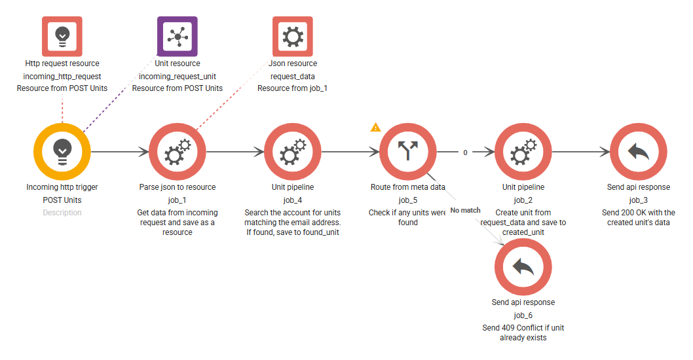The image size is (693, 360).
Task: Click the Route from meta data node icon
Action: (408, 151)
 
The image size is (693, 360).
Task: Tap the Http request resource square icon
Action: (62, 36)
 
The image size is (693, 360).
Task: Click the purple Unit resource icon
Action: (178, 36)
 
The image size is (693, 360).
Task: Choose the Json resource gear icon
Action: (293, 36)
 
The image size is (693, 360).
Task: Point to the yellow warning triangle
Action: (375, 127)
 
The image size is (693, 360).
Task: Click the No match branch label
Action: (466, 210)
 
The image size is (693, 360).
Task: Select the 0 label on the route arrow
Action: (465, 153)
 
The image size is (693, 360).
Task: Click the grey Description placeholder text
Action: (62, 213)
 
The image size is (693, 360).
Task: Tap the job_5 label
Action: (408, 200)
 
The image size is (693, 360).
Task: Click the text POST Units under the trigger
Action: (62, 200)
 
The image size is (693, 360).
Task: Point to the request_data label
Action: (293, 77)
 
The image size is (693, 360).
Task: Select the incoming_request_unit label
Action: (178, 77)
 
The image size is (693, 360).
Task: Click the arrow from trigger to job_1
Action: (120, 152)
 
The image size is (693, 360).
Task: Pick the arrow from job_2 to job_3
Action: (581, 152)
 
